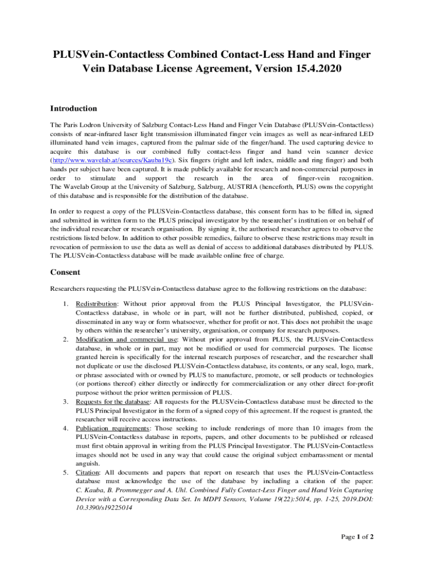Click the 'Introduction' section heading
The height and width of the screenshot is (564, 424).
point(74,109)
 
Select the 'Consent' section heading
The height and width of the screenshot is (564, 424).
point(66,272)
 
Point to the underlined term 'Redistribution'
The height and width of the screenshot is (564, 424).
point(96,303)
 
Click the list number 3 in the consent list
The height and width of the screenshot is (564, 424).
point(65,402)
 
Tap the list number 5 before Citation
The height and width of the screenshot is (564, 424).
point(65,472)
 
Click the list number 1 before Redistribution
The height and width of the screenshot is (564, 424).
point(65,303)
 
